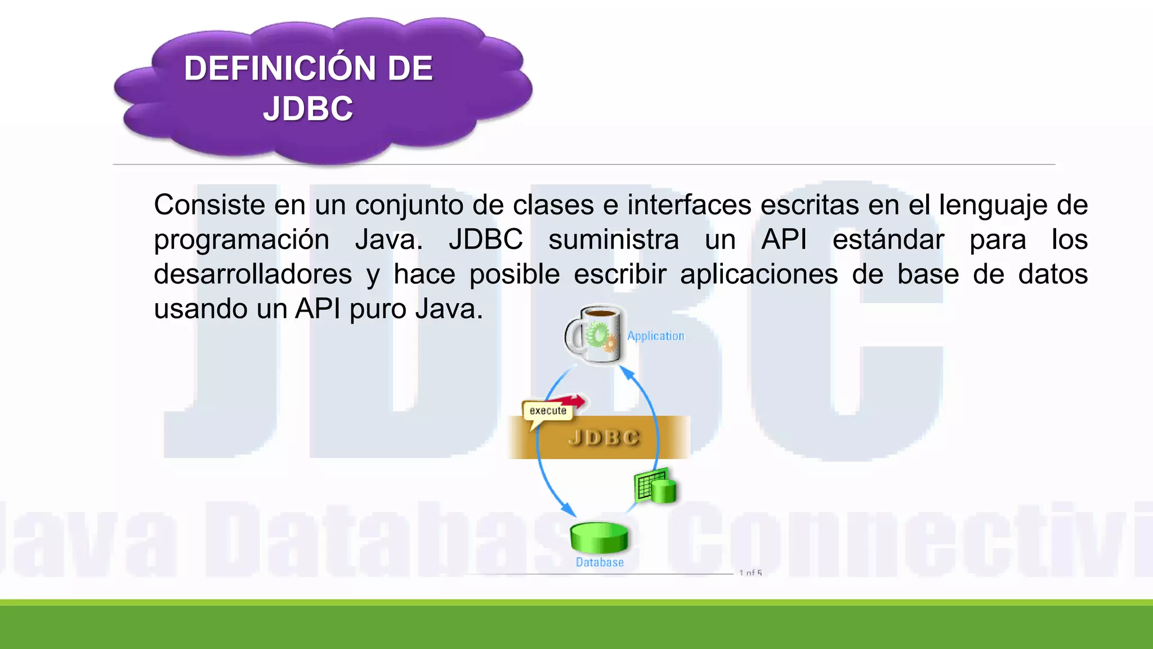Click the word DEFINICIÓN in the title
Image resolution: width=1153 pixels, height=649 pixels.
[280, 68]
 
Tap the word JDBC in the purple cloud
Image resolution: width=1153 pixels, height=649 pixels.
[308, 108]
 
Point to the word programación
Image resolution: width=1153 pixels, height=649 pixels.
[242, 239]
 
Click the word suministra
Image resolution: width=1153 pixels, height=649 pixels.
[614, 239]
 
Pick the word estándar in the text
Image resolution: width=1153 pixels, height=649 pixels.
[888, 239]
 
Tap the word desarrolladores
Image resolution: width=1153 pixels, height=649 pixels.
[253, 274]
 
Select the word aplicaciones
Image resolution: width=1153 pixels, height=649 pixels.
[758, 274]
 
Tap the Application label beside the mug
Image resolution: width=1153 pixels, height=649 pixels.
[656, 336]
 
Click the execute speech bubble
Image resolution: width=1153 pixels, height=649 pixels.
[547, 411]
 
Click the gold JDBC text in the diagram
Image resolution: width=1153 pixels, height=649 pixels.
[604, 437]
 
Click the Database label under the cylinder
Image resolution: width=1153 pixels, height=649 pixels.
[600, 562]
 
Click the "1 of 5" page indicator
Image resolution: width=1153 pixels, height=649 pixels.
[750, 572]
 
